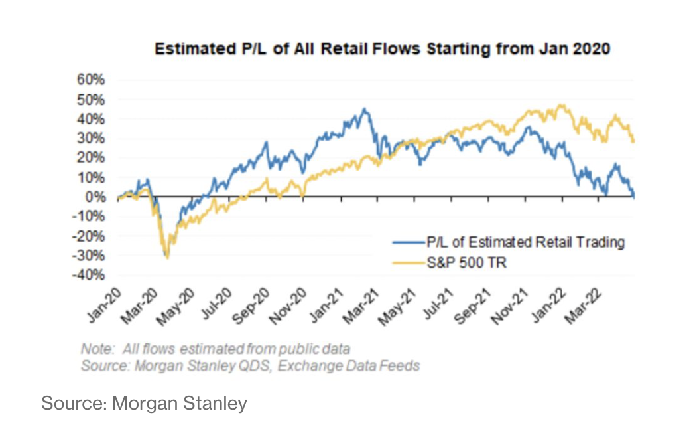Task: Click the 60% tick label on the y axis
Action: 92,80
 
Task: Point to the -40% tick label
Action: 90,275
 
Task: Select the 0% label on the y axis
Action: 96,197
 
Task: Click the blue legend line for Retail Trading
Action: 406,242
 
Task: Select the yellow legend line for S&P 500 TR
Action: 406,264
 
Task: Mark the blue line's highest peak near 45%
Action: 364,109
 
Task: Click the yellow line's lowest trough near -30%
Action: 167,258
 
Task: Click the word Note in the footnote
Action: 94,349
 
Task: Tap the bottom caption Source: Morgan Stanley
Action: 144,403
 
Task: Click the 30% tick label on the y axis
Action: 92,138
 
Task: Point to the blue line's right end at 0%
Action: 634,196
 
